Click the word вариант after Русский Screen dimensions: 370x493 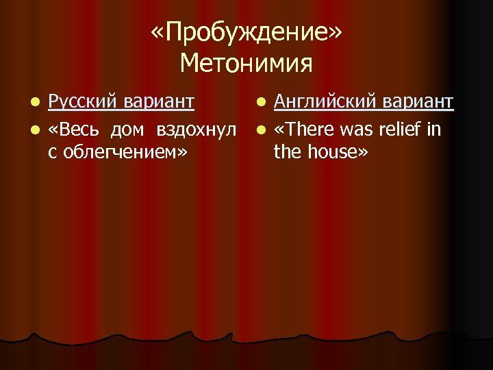coord(157,102)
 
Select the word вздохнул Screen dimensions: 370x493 coord(196,129)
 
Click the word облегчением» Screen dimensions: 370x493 coord(124,151)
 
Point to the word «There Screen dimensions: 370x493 coord(300,129)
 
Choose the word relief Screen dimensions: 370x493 coord(401,129)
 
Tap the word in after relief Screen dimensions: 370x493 coord(434,129)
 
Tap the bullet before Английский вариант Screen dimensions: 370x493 coord(260,103)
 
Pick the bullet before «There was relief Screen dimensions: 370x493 coord(260,129)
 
